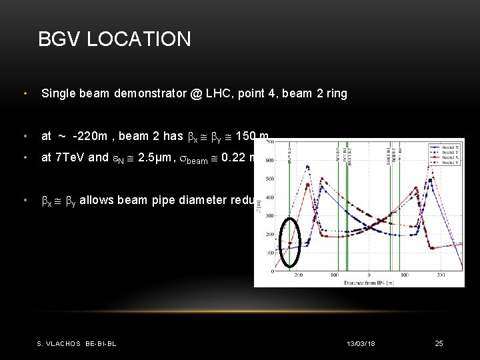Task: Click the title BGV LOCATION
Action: [x=114, y=39]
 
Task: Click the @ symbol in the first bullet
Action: [x=196, y=94]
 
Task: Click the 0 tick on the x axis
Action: [x=369, y=275]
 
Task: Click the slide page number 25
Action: [x=439, y=343]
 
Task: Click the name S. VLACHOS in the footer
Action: [x=59, y=344]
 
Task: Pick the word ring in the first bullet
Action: [x=337, y=94]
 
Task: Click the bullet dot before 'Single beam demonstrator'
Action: [x=24, y=94]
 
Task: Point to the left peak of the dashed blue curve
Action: [x=307, y=166]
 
